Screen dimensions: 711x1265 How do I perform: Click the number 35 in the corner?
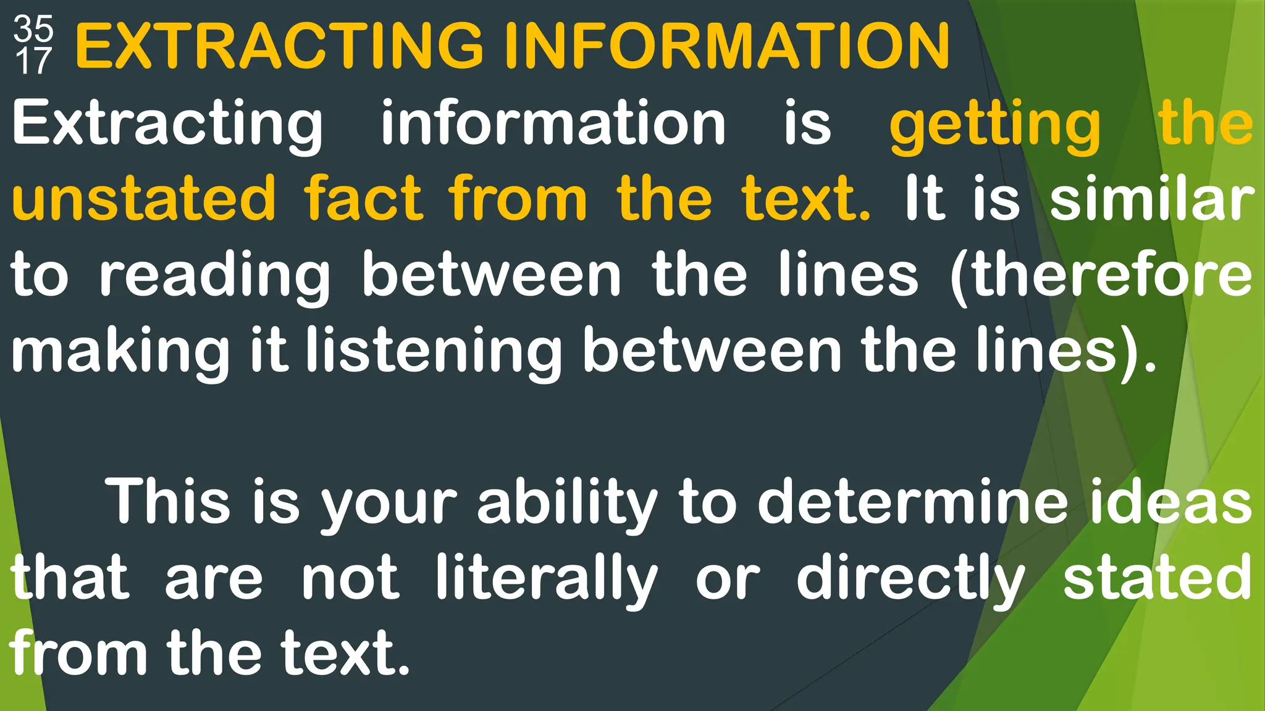pos(33,28)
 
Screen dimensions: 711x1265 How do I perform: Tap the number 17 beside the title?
pos(33,61)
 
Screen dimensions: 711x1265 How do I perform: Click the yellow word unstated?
pos(143,199)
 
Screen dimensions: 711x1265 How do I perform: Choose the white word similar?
pos(1152,199)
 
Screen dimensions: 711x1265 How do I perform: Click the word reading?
pos(214,275)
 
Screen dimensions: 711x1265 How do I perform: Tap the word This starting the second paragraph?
pos(168,501)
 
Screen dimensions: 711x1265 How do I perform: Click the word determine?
pos(913,501)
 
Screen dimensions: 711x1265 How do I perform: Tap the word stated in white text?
pos(1157,578)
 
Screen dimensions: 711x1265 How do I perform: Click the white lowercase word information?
pos(553,123)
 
